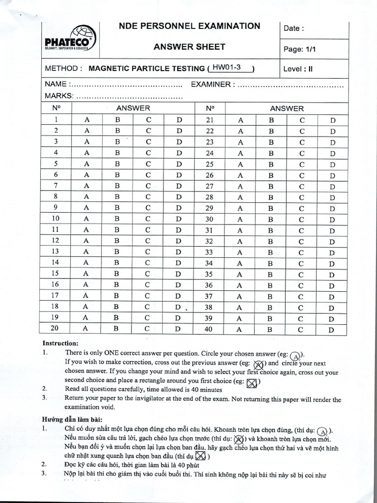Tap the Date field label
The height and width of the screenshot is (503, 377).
[x=294, y=28]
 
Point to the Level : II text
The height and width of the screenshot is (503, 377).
[x=298, y=69]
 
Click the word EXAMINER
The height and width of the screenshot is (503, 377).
[x=211, y=84]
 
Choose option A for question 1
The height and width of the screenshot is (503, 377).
[x=87, y=119]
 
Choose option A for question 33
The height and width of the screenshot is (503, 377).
[x=241, y=252]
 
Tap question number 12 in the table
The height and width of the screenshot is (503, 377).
[x=56, y=240]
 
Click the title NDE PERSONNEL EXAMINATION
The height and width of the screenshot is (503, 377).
[x=189, y=27]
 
